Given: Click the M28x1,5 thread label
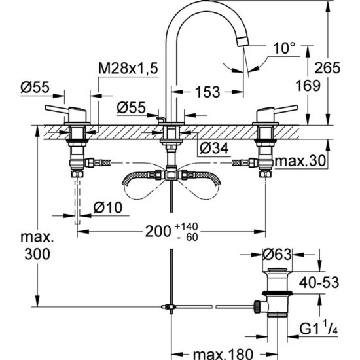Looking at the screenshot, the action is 128,69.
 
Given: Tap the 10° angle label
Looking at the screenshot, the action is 284,48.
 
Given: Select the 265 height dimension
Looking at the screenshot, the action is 327,68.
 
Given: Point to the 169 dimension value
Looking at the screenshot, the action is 308,86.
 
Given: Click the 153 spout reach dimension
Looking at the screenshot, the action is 207,92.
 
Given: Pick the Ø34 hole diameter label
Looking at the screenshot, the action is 214,148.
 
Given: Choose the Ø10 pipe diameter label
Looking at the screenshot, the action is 108,207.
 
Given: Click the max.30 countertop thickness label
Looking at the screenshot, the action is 300,161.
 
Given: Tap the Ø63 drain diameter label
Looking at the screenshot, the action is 277,255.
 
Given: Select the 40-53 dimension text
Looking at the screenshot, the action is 319,282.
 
